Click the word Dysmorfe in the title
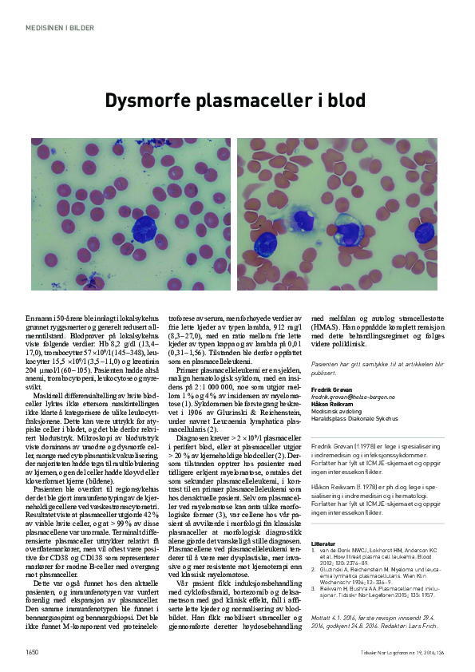click(152, 101)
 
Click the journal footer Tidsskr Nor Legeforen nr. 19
click(382, 653)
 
